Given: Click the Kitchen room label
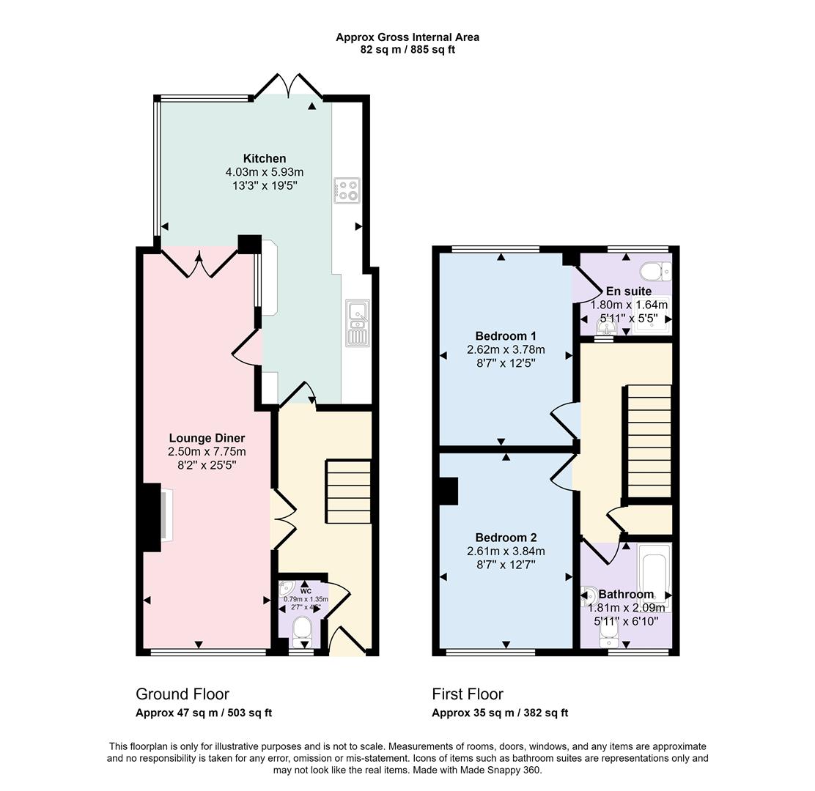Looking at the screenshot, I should tap(265, 158).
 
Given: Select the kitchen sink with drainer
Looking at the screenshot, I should tap(358, 322).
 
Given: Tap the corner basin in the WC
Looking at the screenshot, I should tap(287, 587).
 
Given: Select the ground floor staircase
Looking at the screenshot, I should tap(349, 491).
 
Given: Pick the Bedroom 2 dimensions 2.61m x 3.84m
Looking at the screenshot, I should tap(506, 551).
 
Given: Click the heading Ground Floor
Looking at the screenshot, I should tap(182, 694).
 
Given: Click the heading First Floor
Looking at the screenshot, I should tap(468, 694).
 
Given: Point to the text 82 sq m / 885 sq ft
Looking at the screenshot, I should tap(407, 50).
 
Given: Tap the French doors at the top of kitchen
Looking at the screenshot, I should tap(288, 86).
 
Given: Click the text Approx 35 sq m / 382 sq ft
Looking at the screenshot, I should tap(500, 713).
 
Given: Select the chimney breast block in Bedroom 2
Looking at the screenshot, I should tap(448, 491).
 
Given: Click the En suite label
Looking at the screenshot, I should tap(628, 291).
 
